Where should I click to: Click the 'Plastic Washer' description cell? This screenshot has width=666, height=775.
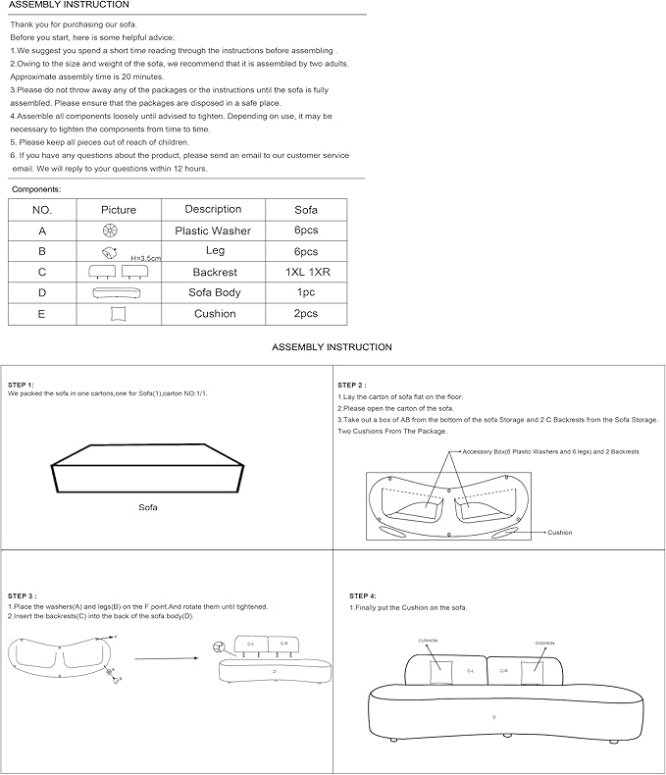tap(212, 231)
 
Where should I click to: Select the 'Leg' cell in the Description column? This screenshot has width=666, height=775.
tap(215, 251)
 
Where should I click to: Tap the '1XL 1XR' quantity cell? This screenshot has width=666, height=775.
tap(306, 272)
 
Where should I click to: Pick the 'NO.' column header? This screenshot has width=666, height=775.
tap(42, 210)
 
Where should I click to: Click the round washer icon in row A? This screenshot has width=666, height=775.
tap(110, 231)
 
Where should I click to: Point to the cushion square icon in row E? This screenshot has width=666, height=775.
tap(119, 313)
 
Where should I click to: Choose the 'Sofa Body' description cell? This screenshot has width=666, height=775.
tap(214, 292)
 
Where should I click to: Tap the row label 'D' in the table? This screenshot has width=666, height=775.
tap(42, 292)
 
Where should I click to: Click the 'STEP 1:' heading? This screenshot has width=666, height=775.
tap(21, 385)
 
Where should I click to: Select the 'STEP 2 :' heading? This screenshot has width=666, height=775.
tap(352, 385)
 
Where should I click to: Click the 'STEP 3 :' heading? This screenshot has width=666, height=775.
tap(22, 595)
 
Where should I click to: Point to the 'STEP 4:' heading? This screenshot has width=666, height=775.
tap(362, 595)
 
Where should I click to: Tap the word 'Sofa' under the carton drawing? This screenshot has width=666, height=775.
tap(148, 507)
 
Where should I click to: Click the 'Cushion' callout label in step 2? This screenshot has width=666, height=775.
tap(559, 533)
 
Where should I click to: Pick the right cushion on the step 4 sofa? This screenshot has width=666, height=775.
tap(535, 671)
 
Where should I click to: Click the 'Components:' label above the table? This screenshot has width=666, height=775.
tap(36, 188)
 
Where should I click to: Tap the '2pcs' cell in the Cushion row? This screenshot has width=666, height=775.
tap(306, 313)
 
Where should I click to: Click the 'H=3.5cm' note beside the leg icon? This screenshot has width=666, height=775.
tap(146, 257)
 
